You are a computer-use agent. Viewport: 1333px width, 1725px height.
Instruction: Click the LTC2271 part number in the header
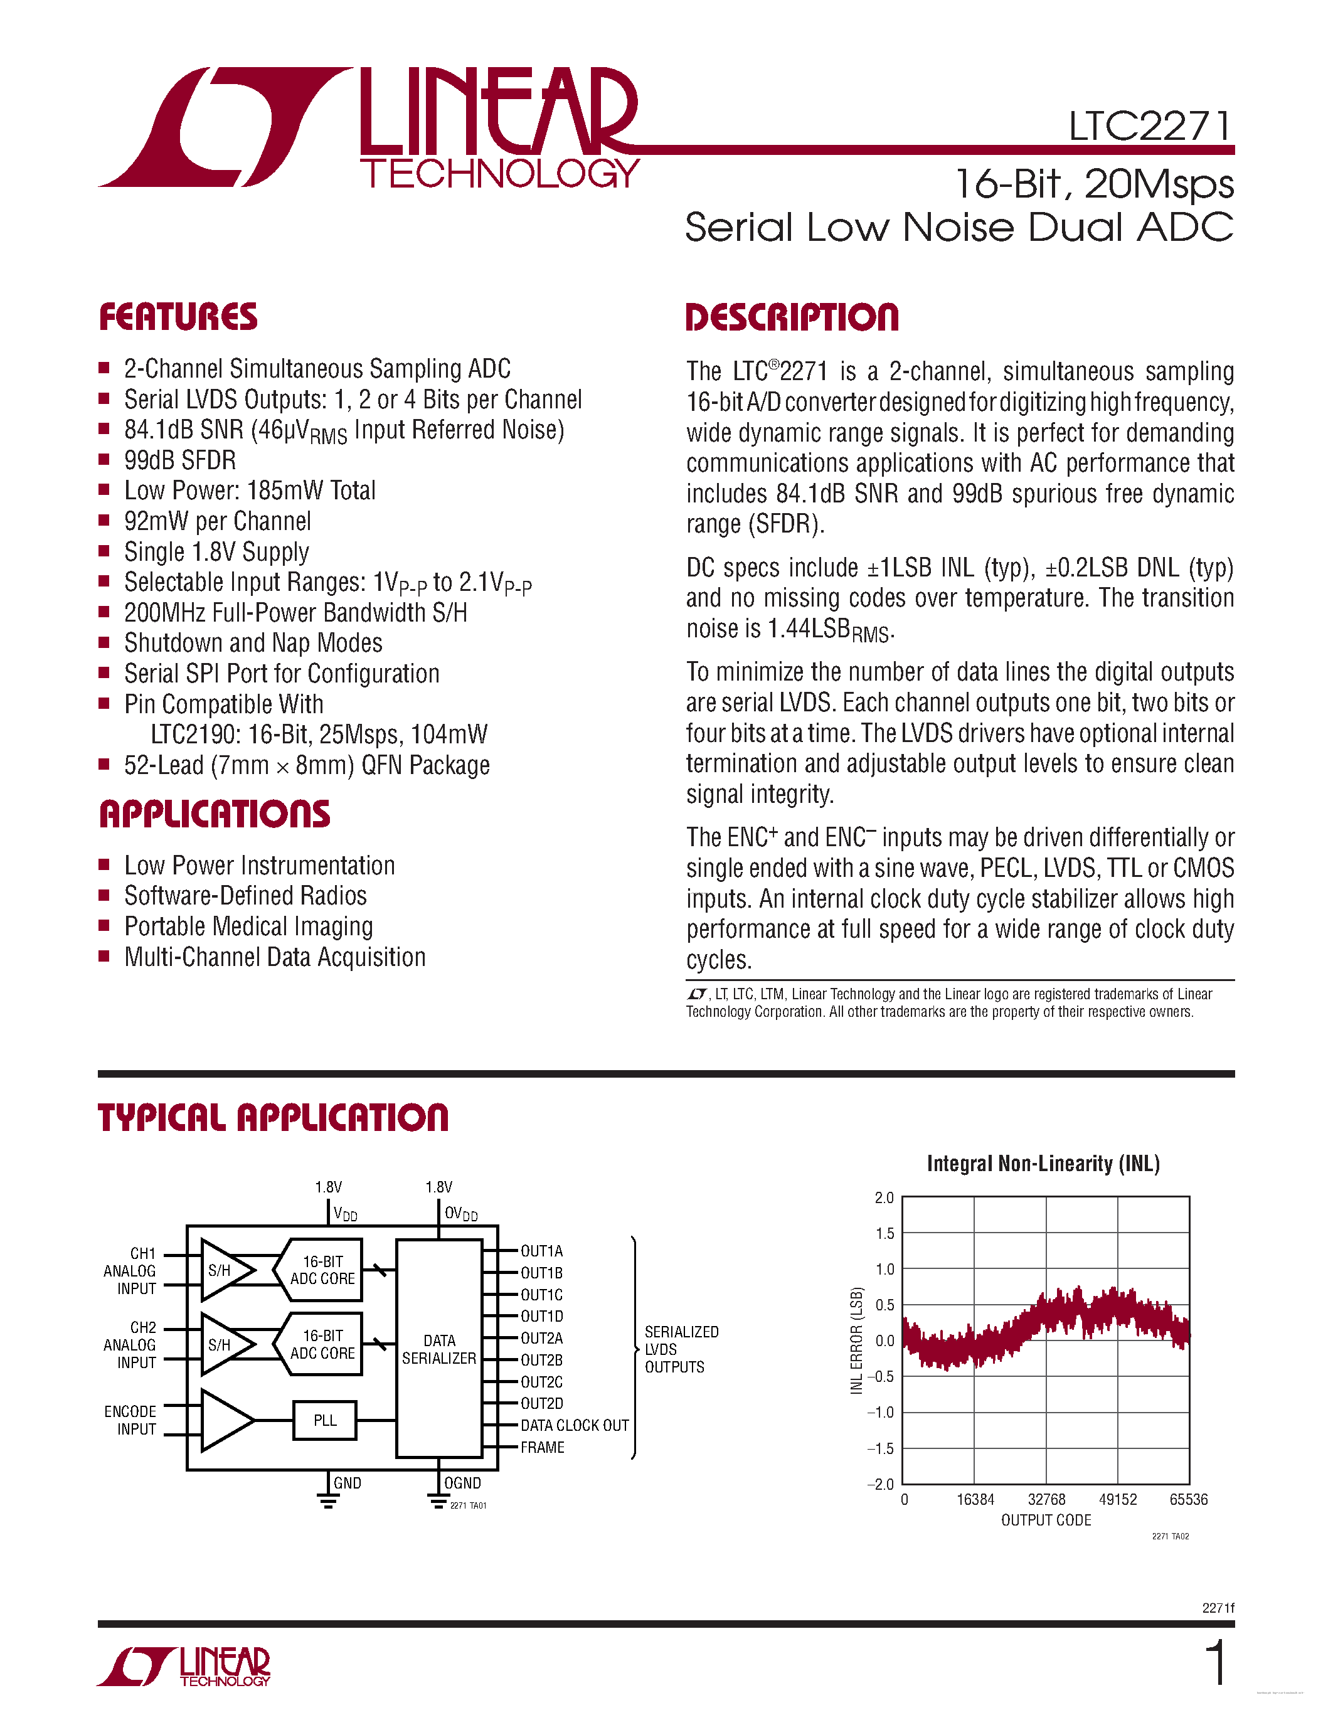[1149, 126]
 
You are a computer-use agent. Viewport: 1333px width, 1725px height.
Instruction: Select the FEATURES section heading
[179, 317]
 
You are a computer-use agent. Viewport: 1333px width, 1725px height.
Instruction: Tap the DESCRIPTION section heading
[792, 317]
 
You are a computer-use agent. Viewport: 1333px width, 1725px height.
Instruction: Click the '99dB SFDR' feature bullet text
[180, 460]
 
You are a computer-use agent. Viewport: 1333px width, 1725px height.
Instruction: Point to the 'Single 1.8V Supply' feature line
[216, 552]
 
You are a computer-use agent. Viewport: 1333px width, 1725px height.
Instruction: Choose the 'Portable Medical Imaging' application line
[248, 926]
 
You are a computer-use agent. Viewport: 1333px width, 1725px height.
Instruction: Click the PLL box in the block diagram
[324, 1420]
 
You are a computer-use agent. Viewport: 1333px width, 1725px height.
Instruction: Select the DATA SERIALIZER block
[439, 1349]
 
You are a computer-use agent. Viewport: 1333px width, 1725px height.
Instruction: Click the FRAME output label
[543, 1447]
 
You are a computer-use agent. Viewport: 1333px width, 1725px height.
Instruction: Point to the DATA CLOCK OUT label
[575, 1426]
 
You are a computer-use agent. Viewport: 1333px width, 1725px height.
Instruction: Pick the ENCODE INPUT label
[131, 1420]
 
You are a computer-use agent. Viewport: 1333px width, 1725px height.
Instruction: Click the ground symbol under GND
[327, 1500]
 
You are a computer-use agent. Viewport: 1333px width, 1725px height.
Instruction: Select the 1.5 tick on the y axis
[884, 1234]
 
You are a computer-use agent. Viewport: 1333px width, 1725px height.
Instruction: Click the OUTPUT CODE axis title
[1046, 1521]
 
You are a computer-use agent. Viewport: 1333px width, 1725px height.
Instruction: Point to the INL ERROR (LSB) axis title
[857, 1341]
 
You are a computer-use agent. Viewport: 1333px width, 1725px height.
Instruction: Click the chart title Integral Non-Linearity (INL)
[1043, 1164]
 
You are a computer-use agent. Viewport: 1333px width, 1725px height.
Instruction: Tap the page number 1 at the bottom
[1217, 1664]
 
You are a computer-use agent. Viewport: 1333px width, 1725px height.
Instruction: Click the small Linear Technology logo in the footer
[184, 1667]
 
